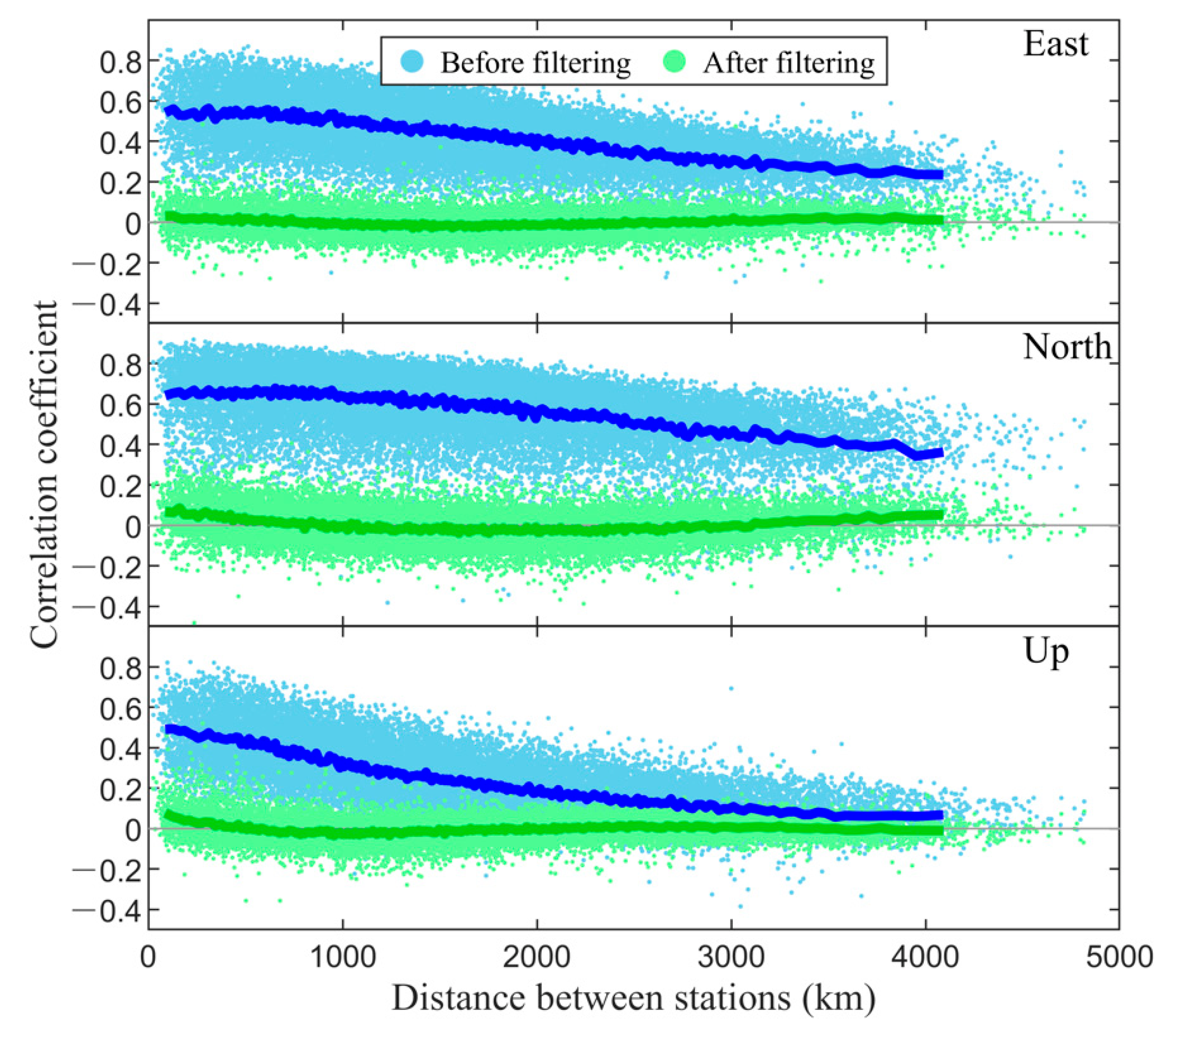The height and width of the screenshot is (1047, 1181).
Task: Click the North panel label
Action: click(1067, 347)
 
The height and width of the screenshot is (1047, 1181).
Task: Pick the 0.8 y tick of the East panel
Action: click(120, 61)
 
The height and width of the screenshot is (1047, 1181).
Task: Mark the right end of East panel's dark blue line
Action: click(941, 174)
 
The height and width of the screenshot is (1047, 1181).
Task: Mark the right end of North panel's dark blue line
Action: click(941, 452)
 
